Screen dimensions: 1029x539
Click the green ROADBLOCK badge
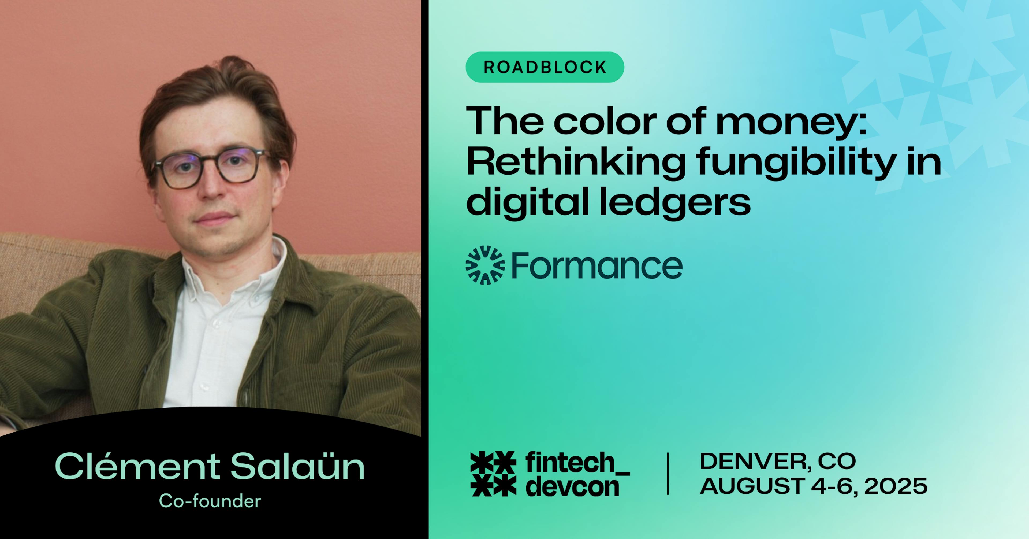point(545,67)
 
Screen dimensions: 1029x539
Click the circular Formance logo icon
point(485,265)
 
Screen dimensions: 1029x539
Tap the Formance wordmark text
point(597,265)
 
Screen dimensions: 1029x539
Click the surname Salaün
point(298,466)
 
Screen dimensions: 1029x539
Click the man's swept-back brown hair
point(216,100)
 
